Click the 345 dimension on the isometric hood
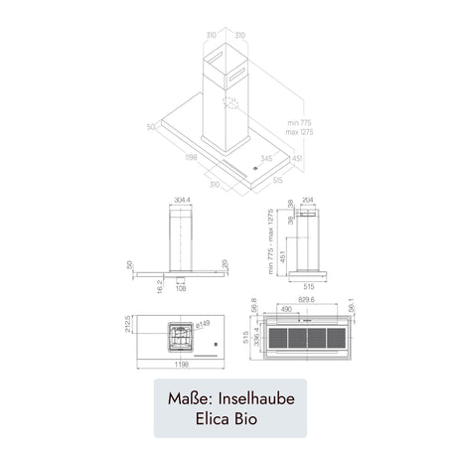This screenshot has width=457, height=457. tap(267, 157)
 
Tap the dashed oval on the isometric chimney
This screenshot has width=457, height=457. tap(229, 106)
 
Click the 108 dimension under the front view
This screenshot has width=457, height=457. tap(182, 289)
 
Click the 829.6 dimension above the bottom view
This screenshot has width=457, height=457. tap(305, 299)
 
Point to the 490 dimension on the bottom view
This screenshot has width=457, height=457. tap(285, 309)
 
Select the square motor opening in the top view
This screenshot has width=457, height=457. tap(178, 339)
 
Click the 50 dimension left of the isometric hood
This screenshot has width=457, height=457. tap(151, 126)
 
